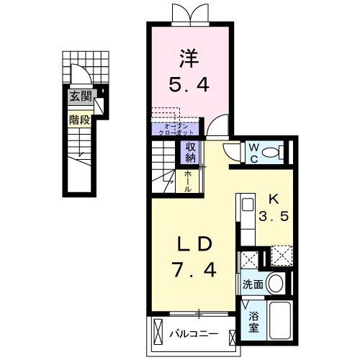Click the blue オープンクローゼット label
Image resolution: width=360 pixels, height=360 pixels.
175,130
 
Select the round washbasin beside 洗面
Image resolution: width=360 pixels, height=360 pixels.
275,283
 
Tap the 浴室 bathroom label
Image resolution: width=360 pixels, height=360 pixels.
253,320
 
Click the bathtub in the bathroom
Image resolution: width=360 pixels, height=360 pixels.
279,323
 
